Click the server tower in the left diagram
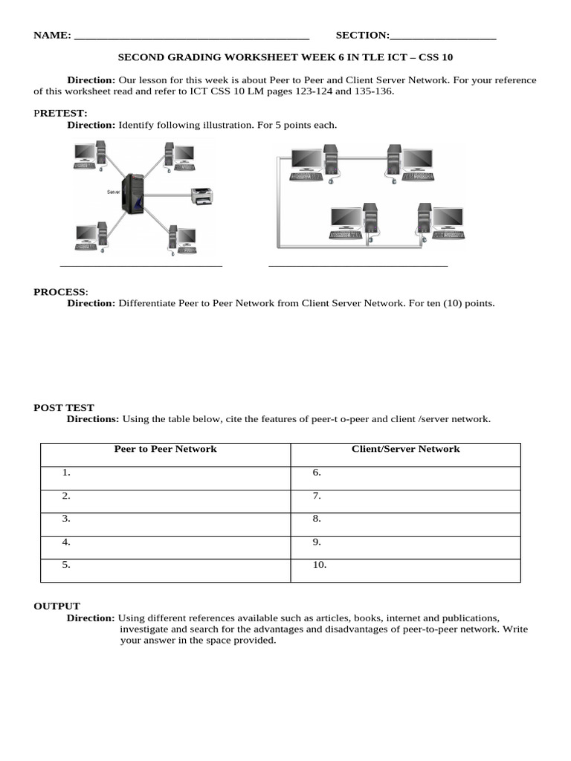tap(134, 195)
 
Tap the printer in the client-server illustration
tap(201, 196)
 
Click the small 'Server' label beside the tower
tap(114, 192)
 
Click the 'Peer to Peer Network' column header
tap(165, 449)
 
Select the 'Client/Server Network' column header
tap(405, 449)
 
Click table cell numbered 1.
tap(165, 473)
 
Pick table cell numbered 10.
tap(405, 565)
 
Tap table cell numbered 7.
tap(405, 496)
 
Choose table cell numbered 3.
tap(165, 519)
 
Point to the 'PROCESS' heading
tap(60, 292)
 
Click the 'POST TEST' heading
tap(64, 407)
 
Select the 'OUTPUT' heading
tap(57, 606)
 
